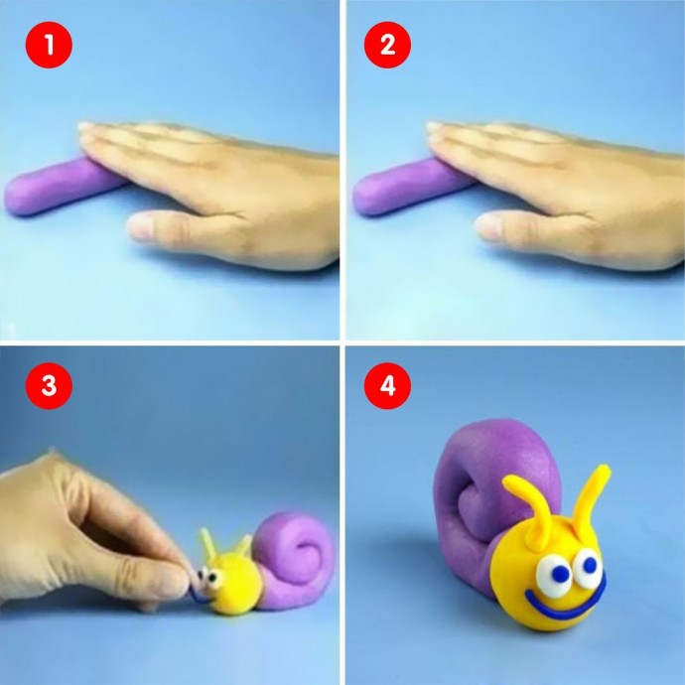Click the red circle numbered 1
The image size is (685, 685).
[49, 45]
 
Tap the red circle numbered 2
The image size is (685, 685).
[387, 45]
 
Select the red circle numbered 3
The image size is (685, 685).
[49, 386]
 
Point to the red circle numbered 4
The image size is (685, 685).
[387, 386]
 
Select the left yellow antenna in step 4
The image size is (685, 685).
[529, 506]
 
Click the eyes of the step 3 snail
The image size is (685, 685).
[208, 578]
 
